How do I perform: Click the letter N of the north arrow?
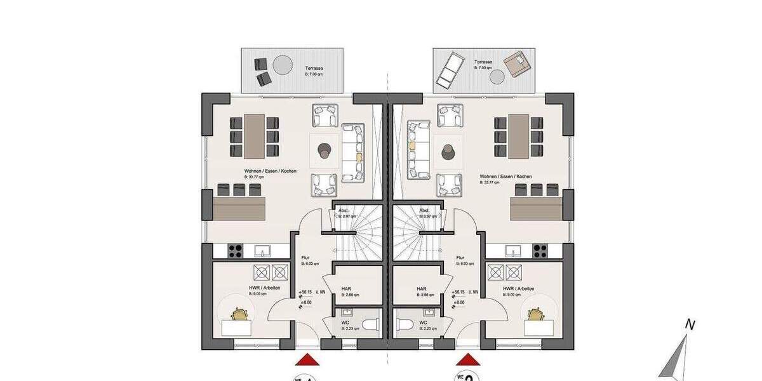point(690,324)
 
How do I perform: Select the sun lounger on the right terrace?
point(448,69)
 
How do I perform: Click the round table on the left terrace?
point(282,65)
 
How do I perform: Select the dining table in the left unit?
point(254,136)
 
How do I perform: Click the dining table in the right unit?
point(519,136)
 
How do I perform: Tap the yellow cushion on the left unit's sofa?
point(359,156)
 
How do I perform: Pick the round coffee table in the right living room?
point(449,151)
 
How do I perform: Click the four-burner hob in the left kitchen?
point(234,251)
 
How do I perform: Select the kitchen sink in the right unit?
point(513,251)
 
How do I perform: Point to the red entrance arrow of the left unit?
point(307,360)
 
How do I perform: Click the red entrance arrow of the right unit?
point(468,360)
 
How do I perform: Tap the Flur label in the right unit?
point(460,258)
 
